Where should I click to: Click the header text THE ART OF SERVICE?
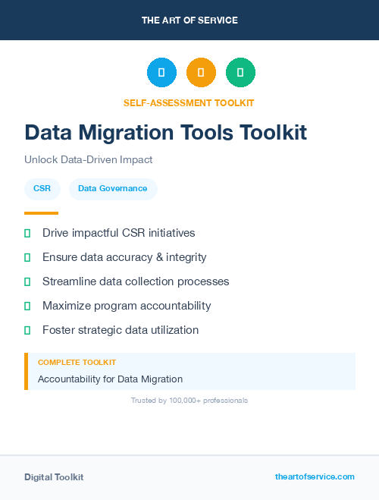(189, 20)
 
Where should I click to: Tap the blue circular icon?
(161, 73)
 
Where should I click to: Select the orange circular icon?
(201, 73)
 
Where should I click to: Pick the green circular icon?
(240, 73)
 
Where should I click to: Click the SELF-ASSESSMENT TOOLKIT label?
(189, 102)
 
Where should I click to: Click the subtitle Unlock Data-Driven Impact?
(89, 160)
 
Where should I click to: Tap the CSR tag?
(42, 188)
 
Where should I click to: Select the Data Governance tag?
(112, 188)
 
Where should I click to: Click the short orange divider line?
(41, 213)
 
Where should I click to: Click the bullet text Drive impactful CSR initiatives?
(118, 233)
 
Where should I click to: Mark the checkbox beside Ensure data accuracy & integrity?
(27, 257)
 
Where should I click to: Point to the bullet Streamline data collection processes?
(136, 281)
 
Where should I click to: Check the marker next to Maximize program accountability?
(27, 306)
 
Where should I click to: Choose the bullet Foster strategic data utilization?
(121, 330)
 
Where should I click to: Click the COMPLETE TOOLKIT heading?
(77, 363)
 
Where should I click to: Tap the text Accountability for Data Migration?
(110, 379)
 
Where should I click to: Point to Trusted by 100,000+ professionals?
(189, 400)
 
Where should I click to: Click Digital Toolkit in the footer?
(54, 476)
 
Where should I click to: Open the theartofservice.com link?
(315, 476)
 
